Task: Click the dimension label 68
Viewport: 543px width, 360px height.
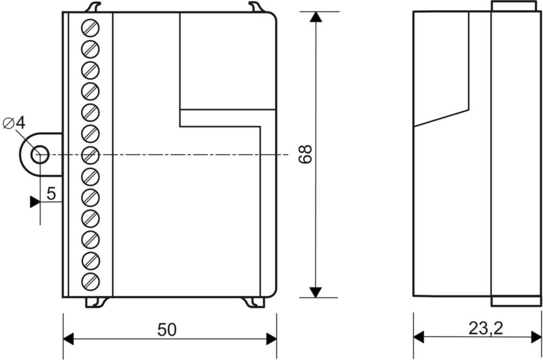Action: coord(306,154)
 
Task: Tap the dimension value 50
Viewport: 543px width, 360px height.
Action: coord(167,330)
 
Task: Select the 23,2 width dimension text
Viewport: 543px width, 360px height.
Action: coord(486,328)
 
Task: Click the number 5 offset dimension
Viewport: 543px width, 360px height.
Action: coord(51,193)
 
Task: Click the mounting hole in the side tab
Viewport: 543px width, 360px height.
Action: coord(40,155)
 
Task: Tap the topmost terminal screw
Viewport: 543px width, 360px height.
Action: coord(90,28)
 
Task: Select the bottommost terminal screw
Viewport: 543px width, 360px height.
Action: coord(90,282)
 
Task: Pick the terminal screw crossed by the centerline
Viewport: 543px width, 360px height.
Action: coord(90,155)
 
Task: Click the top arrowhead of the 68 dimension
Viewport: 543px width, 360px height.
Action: coord(315,17)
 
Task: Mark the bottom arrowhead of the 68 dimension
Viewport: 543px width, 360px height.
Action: coord(315,292)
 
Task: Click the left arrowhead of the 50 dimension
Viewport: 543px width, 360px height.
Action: coord(68,339)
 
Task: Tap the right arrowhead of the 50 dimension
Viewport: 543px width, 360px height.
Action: coord(272,339)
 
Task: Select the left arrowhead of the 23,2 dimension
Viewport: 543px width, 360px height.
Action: coord(419,337)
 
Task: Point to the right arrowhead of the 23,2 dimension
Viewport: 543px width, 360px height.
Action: coord(536,337)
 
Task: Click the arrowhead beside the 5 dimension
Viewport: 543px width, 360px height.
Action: coord(35,202)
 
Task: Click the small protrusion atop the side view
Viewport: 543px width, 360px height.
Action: coord(514,6)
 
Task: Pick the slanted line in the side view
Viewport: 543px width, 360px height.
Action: coord(441,118)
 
